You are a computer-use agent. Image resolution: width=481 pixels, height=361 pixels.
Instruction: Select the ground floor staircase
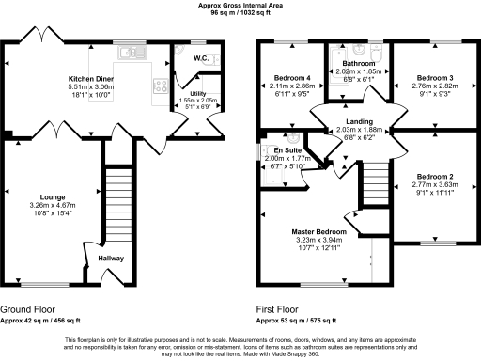(118, 202)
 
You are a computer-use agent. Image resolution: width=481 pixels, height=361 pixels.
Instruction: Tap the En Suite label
(287, 150)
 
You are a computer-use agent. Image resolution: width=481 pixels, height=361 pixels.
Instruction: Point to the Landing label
(358, 122)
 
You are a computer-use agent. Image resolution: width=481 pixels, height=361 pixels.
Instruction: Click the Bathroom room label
(354, 62)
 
